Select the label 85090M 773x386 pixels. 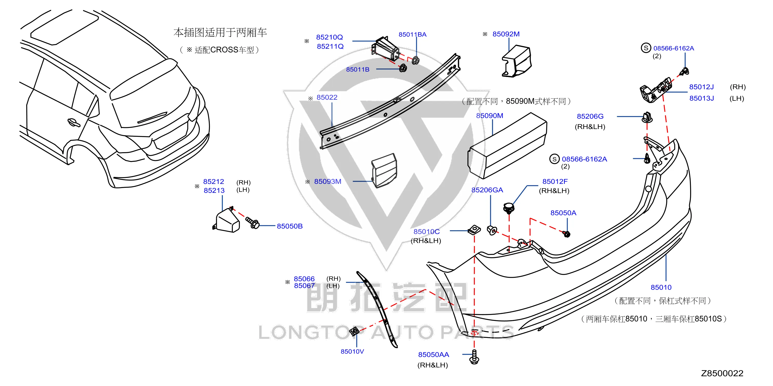coord(489,116)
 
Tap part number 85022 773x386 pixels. coord(327,97)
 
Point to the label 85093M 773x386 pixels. coord(328,182)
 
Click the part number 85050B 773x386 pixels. coord(290,226)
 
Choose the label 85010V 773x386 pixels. coord(352,351)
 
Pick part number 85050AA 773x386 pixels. coord(434,355)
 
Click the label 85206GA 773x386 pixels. coord(487,190)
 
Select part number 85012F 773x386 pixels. coord(555,182)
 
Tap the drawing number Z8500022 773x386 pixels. coord(722,373)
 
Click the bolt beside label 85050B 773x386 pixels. coord(252,223)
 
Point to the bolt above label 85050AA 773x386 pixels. coord(474,357)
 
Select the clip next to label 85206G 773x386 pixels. coord(647,117)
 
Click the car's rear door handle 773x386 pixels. coord(74,122)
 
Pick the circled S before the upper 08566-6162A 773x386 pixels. coord(646,48)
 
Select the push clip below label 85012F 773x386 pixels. coord(508,208)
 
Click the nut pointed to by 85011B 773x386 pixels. coord(403,68)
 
